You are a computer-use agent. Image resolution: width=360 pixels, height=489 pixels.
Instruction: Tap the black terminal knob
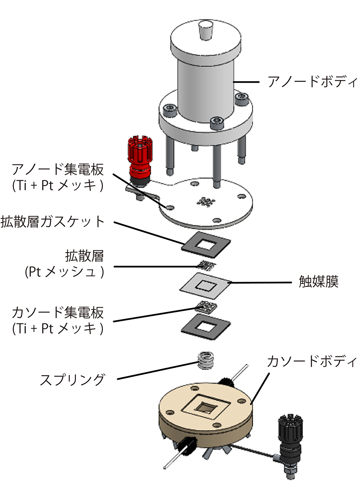pyautogui.click(x=291, y=434)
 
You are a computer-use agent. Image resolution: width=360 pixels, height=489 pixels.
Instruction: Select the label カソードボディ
pyautogui.click(x=311, y=361)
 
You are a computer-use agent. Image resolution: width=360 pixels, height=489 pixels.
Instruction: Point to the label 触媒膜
pyautogui.click(x=319, y=282)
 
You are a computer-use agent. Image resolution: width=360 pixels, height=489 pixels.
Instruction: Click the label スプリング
pyautogui.click(x=72, y=380)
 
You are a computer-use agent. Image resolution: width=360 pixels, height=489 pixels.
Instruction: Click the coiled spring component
pyautogui.click(x=206, y=360)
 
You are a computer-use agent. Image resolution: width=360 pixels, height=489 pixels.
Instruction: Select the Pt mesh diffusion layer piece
pyautogui.click(x=207, y=266)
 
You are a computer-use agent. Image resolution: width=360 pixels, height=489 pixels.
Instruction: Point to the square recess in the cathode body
pyautogui.click(x=205, y=407)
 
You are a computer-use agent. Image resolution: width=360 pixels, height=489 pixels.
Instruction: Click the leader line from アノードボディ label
pyautogui.click(x=246, y=82)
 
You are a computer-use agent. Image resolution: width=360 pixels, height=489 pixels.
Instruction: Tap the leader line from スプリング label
pyautogui.click(x=158, y=370)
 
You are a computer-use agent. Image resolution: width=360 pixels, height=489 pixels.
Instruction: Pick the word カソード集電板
pyautogui.click(x=58, y=312)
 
